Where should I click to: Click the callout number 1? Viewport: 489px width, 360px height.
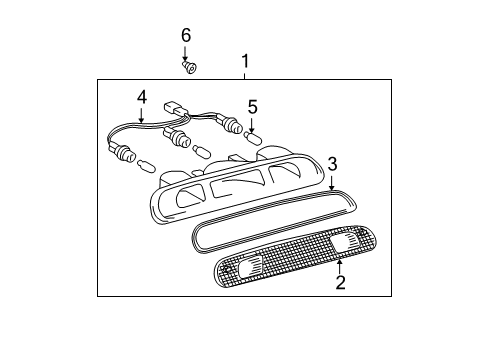[244, 64]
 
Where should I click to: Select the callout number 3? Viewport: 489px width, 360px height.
[332, 163]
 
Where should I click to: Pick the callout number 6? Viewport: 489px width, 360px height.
[185, 35]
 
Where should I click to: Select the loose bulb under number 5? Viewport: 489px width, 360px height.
[253, 138]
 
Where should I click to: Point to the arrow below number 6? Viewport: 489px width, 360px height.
[185, 53]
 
